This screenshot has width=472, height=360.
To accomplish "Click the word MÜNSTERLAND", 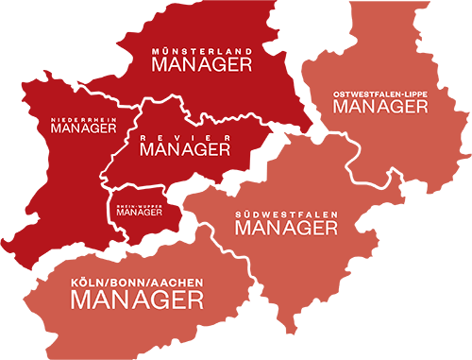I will (202, 50).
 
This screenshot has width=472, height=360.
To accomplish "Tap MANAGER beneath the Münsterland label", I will (202, 64).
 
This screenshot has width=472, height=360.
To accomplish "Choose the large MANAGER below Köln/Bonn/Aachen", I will (138, 301).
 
